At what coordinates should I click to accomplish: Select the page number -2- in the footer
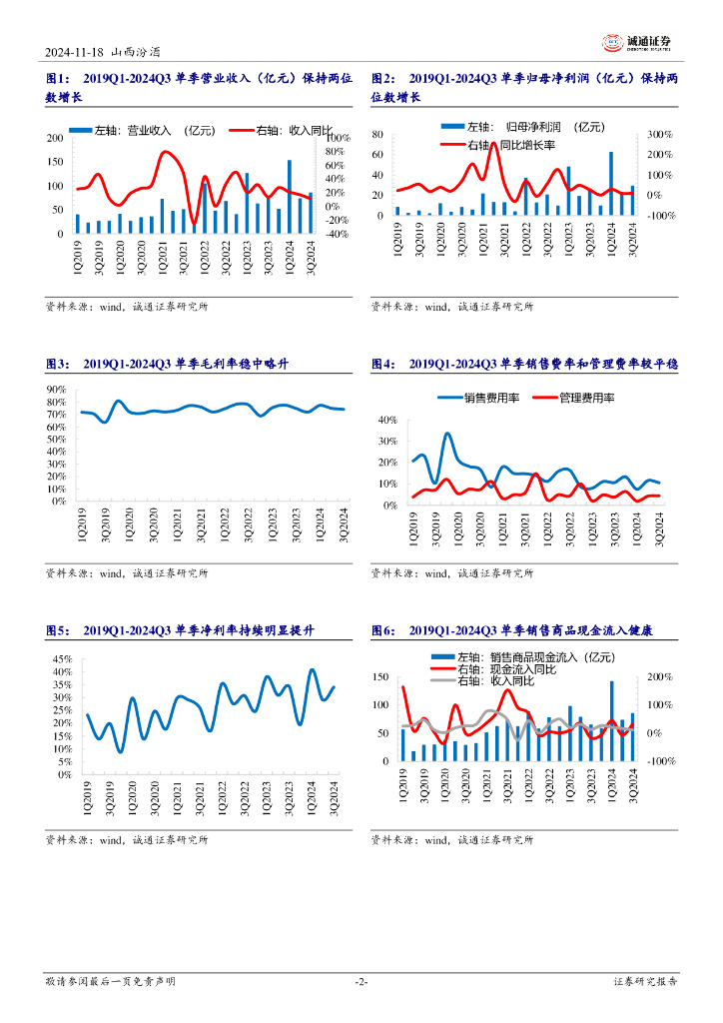361,982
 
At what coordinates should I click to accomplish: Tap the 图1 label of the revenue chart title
57,79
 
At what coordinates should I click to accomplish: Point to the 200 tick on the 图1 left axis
56,138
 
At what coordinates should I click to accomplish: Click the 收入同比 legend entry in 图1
295,130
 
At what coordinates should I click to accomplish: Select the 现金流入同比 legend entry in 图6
523,668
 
